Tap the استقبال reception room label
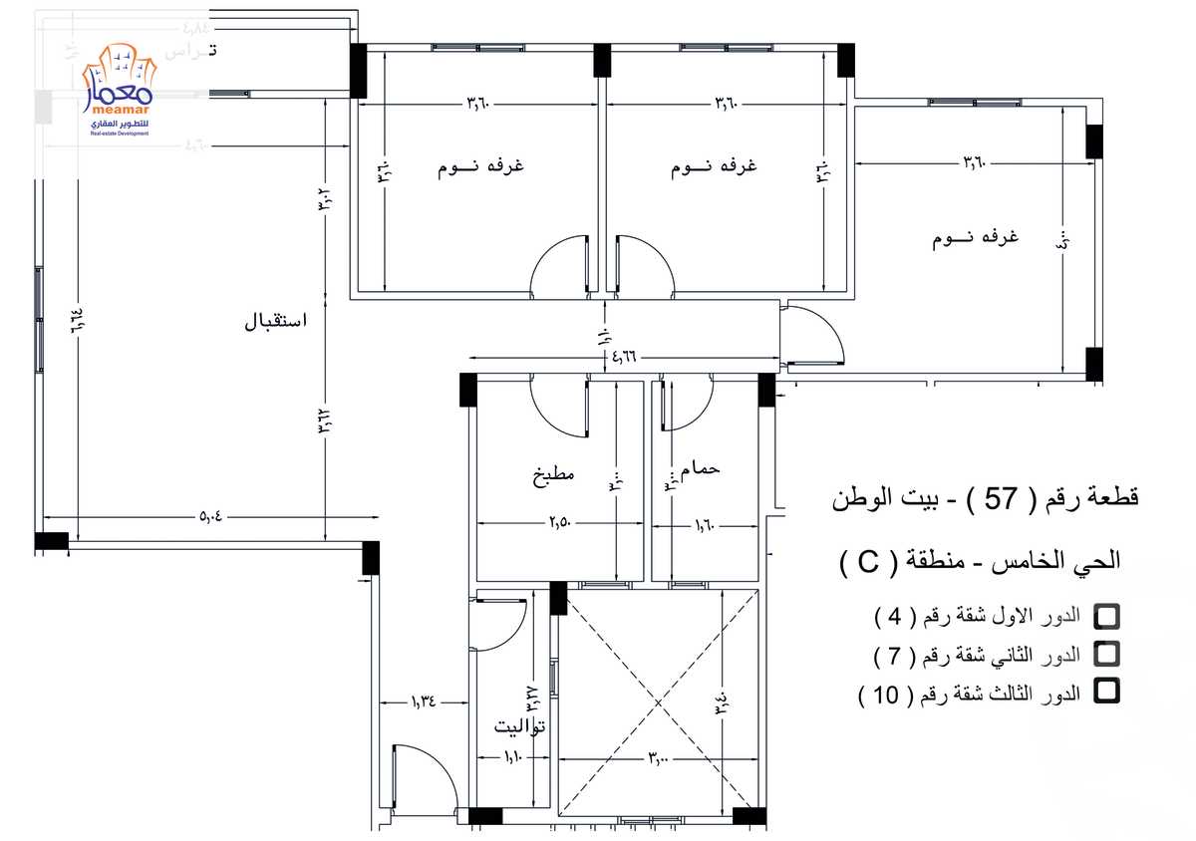pyautogui.click(x=276, y=323)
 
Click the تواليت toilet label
pyautogui.click(x=520, y=726)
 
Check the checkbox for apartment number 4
pyautogui.click(x=1105, y=616)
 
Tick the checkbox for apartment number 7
pyautogui.click(x=1105, y=654)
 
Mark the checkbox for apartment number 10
pyautogui.click(x=1105, y=691)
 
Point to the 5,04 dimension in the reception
pyautogui.click(x=211, y=516)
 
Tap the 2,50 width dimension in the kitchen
pyautogui.click(x=563, y=522)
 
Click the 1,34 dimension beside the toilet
pyautogui.click(x=423, y=701)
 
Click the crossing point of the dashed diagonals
pyautogui.click(x=657, y=703)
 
